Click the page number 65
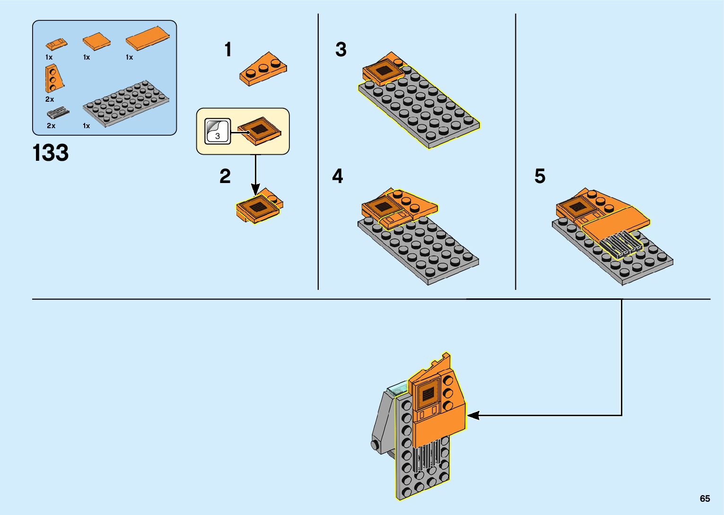(705, 498)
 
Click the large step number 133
(51, 153)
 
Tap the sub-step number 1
(228, 50)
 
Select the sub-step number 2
(225, 176)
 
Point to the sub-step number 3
(340, 50)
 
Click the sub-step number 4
(337, 176)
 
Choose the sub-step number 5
(540, 176)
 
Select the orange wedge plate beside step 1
(263, 69)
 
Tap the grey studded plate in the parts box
(126, 103)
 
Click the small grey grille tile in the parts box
(58, 113)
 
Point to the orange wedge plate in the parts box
(53, 79)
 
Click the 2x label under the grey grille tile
(51, 126)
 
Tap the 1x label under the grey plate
(87, 126)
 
